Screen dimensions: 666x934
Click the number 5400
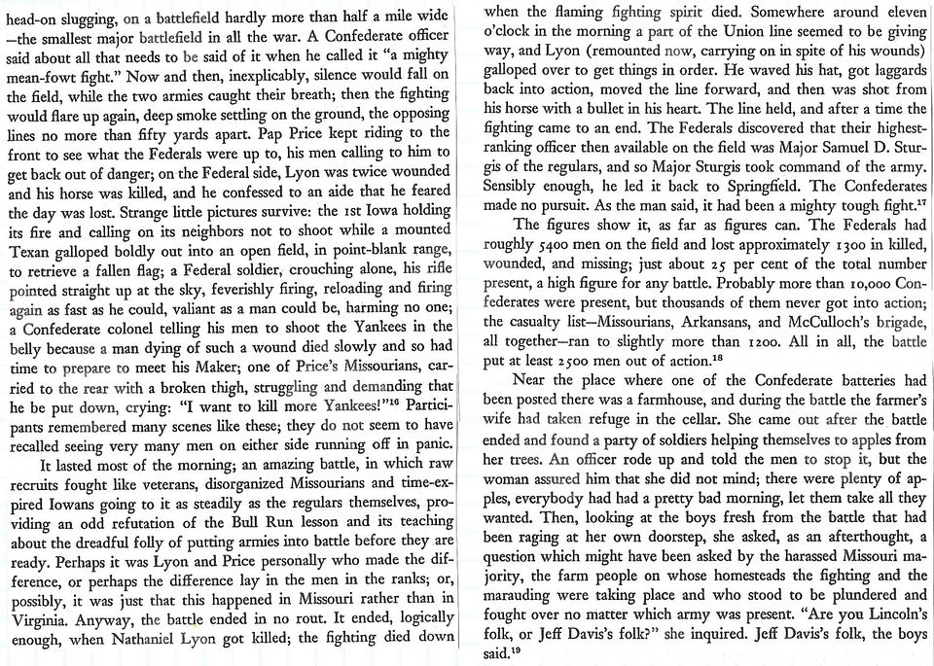coord(556,248)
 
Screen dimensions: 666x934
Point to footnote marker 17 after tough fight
coord(919,200)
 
